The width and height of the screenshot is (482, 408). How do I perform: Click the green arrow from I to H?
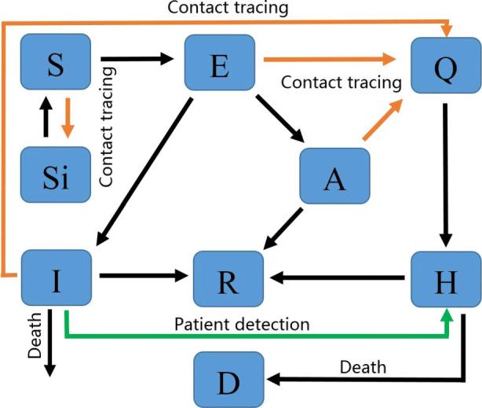click(x=259, y=336)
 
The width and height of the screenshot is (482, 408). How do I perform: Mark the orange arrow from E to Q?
click(x=330, y=58)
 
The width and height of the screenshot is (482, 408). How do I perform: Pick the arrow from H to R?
click(x=338, y=278)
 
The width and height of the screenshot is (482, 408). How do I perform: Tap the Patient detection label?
click(x=243, y=323)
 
